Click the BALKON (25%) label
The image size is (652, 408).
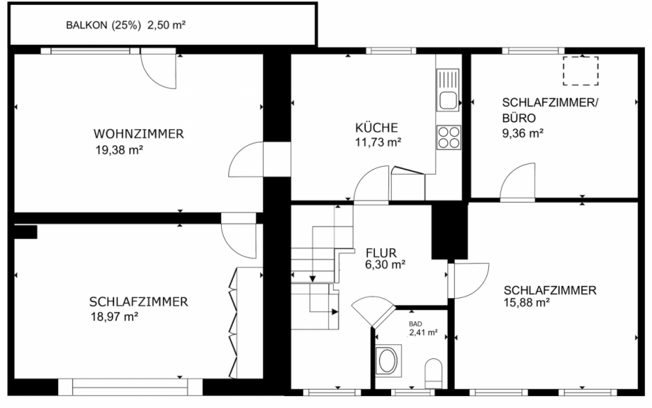[106, 26]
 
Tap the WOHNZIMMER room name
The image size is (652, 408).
[139, 133]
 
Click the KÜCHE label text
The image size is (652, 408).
[377, 128]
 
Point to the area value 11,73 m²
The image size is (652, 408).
[378, 142]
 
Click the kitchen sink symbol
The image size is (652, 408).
[448, 99]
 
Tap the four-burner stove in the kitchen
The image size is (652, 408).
[449, 137]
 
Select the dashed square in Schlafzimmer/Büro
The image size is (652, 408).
[580, 70]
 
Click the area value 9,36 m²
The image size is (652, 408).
[522, 132]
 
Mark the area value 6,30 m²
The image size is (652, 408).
[385, 265]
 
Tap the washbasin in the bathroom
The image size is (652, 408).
[388, 360]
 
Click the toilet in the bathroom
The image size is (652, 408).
[433, 373]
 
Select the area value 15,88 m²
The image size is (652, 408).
[527, 303]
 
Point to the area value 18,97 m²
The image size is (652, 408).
[113, 316]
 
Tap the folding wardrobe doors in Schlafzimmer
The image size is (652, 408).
[234, 323]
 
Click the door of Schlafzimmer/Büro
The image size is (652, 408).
[517, 182]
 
